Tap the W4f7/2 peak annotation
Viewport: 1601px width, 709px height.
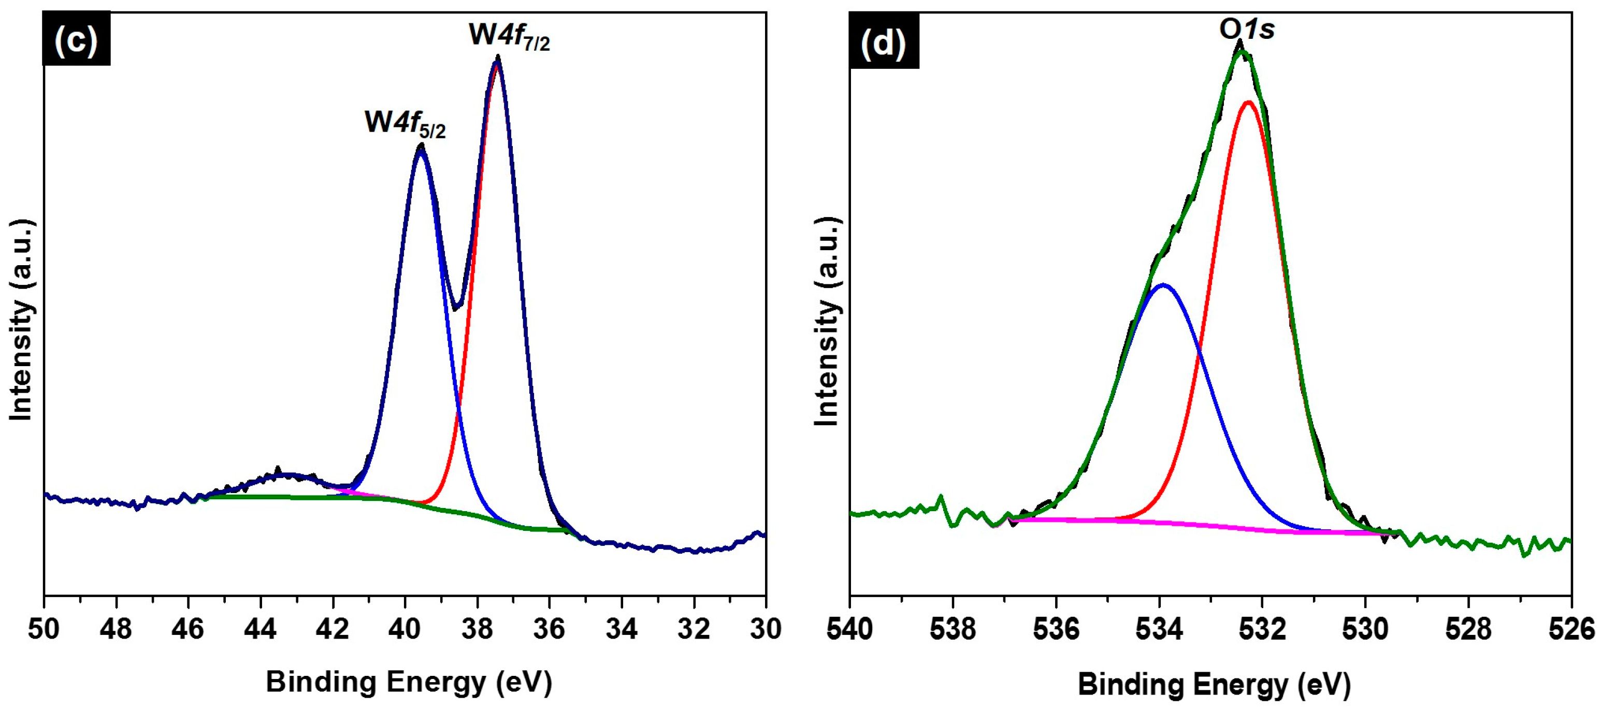coord(509,35)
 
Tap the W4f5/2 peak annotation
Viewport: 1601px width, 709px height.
coord(405,123)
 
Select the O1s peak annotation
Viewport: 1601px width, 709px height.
coord(1246,28)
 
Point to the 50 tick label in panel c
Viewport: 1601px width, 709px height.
coord(44,629)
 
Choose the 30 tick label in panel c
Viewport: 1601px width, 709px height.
coord(765,629)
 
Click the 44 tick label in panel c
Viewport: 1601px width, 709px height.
coord(261,629)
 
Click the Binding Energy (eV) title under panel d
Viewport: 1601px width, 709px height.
coord(1214,684)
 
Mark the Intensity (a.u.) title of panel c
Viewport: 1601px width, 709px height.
coord(21,320)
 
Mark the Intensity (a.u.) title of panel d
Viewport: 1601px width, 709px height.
coord(827,322)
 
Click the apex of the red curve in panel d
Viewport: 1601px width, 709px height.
coord(1248,102)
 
